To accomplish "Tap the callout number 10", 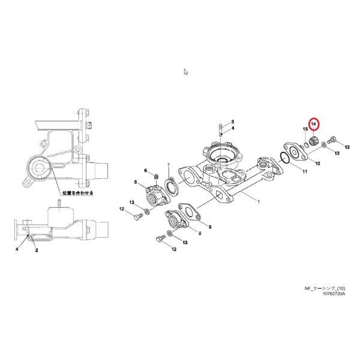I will [317, 163].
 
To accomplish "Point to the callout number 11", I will [305, 172].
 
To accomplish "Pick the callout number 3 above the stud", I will [232, 122].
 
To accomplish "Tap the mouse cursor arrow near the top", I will [186, 72].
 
